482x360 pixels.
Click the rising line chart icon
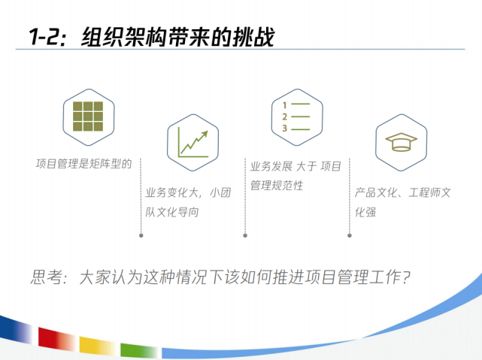click(192, 141)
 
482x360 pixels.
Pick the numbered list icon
click(296, 115)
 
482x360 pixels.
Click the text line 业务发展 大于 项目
click(296, 165)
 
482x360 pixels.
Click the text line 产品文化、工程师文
click(402, 192)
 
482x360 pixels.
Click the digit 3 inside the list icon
click(285, 128)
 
